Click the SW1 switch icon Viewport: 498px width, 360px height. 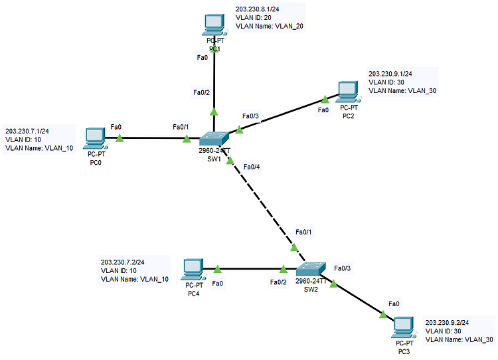tap(214, 139)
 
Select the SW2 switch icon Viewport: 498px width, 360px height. tap(311, 269)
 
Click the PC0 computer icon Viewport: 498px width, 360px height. tap(96, 139)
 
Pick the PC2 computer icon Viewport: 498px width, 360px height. tap(349, 92)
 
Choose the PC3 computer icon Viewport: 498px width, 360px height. tap(404, 328)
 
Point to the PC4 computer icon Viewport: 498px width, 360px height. tap(193, 270)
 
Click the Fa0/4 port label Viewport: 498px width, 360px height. tap(252, 167)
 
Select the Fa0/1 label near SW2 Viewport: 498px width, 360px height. tap(303, 232)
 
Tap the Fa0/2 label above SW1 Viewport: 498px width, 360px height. tap(202, 92)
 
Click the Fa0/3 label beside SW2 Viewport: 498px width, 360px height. tap(343, 268)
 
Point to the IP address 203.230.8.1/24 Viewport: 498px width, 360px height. tap(257, 9)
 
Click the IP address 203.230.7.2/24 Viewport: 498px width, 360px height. tap(123, 262)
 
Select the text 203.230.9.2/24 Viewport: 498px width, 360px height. tap(447, 323)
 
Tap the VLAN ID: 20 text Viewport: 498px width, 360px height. tap(254, 17)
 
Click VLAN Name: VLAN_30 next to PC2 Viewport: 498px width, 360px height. tap(402, 90)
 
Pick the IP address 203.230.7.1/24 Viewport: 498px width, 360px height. tap(27, 131)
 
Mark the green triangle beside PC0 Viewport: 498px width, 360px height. tap(120, 138)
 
